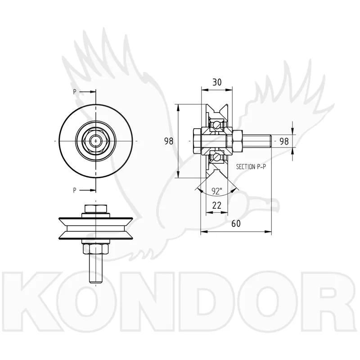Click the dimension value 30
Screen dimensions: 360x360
tap(217, 82)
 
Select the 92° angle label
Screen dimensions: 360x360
tap(217, 191)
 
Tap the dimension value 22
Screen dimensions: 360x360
tap(217, 205)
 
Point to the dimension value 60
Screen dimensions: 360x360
tap(236, 223)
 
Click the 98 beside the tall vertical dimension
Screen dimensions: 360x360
tap(169, 141)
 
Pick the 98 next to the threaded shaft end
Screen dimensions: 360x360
tap(284, 141)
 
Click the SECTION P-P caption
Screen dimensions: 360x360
tap(251, 166)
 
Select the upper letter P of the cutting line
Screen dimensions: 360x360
tap(75, 92)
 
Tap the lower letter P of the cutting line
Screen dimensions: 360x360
tap(75, 190)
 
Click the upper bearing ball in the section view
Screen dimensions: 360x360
tap(217, 125)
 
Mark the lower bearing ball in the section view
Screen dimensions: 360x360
tap(217, 157)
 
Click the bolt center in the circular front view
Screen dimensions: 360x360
tap(95, 141)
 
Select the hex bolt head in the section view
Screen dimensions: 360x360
tap(197, 141)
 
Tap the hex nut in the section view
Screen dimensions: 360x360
tap(238, 141)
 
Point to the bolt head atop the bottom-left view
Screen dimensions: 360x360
tap(95, 209)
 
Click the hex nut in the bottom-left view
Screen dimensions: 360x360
tap(95, 249)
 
